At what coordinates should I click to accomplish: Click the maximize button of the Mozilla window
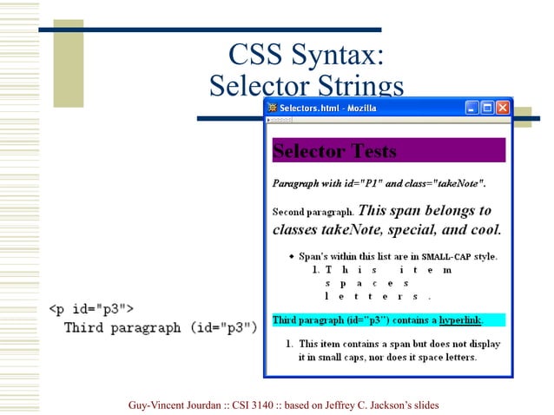coord(488,108)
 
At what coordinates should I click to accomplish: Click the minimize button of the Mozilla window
coord(472,108)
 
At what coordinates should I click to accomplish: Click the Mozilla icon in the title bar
coord(272,108)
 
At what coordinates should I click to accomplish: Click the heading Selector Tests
coord(334,151)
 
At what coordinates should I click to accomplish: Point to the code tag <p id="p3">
coord(89,308)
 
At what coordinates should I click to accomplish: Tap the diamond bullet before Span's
coord(291,257)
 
